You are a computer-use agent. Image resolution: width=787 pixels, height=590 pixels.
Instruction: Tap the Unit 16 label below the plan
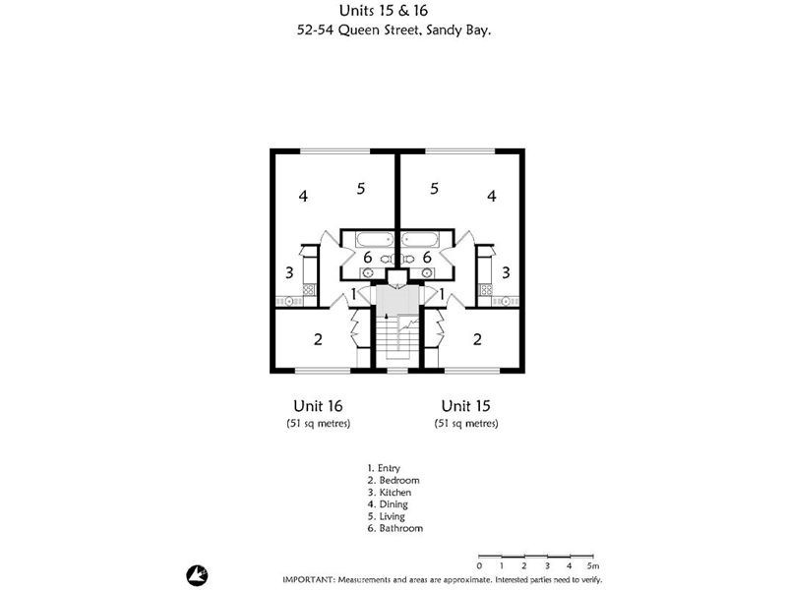318,405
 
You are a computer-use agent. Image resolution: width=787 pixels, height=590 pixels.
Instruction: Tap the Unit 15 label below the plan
466,405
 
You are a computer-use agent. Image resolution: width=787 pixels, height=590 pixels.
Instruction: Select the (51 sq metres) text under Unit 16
318,423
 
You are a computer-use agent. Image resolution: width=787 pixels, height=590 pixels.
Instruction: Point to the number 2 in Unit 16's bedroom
318,340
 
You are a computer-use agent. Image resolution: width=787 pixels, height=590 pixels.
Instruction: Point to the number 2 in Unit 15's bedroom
477,340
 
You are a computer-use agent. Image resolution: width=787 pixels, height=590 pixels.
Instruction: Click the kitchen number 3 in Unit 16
289,272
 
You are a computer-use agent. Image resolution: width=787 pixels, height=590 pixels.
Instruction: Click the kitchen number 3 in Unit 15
506,272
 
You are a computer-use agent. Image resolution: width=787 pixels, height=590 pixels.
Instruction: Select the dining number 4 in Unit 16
303,196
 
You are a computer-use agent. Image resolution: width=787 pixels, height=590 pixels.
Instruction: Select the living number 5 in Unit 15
434,189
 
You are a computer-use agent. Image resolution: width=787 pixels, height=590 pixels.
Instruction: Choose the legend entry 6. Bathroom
394,528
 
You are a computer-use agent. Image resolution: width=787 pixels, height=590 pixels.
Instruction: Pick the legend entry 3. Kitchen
389,492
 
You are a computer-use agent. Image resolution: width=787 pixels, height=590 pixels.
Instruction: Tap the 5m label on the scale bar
591,566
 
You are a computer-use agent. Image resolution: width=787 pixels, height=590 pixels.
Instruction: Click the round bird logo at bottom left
194,572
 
